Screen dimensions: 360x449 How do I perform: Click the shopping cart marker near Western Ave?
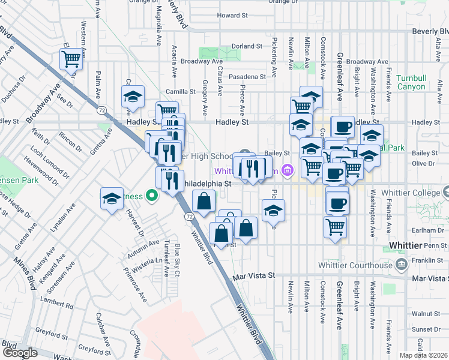[x=71, y=60]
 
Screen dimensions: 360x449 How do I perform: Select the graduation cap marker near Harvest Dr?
[x=112, y=200]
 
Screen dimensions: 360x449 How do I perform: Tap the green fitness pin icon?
[x=152, y=196]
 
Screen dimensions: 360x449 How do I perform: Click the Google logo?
[x=20, y=353]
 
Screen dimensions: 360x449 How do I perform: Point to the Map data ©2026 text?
[x=424, y=355]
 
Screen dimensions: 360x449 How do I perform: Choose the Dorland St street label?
[x=247, y=46]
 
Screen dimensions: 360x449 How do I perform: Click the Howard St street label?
[x=228, y=16]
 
